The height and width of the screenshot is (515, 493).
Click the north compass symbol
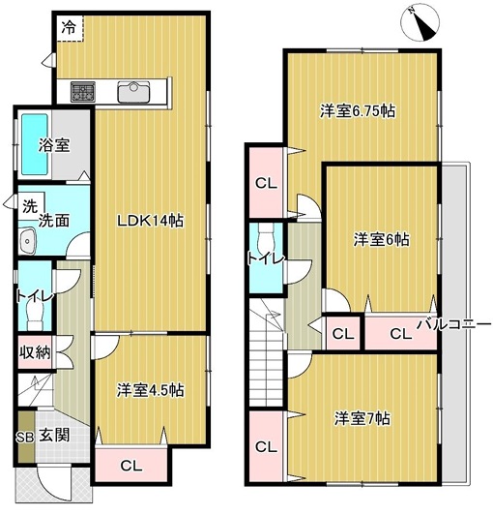tap(420, 23)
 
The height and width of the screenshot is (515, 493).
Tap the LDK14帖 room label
tap(150, 221)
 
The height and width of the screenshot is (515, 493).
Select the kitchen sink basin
tap(133, 92)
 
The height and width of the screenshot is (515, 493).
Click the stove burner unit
tap(83, 92)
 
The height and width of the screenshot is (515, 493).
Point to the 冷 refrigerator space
tap(70, 28)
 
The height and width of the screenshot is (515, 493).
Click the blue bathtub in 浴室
tap(35, 144)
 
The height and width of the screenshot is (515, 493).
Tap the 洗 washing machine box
tap(31, 205)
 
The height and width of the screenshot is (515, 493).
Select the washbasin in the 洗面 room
tap(26, 241)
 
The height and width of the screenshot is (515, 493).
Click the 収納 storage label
tap(35, 352)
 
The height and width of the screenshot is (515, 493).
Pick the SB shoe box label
tap(25, 438)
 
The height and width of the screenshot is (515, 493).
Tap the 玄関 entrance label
tap(54, 436)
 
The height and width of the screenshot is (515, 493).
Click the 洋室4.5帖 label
tap(150, 390)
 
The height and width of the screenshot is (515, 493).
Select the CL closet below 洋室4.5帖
tap(131, 466)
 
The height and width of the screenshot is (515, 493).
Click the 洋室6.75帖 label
tap(358, 110)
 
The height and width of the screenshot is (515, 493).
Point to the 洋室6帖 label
tap(381, 239)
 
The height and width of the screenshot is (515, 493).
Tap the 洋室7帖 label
tap(362, 419)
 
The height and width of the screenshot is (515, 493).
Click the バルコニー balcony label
tap(454, 325)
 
